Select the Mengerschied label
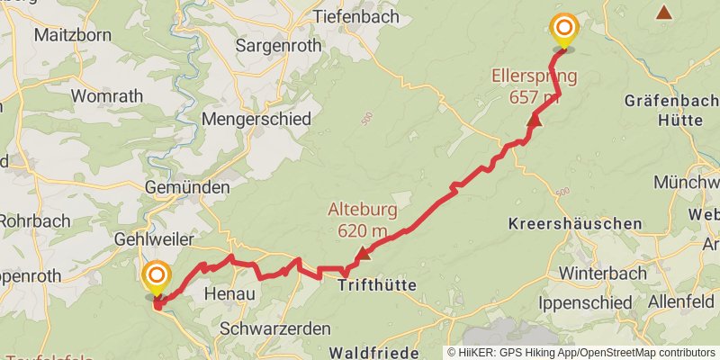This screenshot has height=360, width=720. click(256, 119)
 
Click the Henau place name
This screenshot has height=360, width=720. click(229, 294)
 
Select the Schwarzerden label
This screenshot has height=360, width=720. click(275, 328)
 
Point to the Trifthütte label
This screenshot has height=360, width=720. click(377, 285)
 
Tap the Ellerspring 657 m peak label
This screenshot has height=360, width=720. click(534, 86)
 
